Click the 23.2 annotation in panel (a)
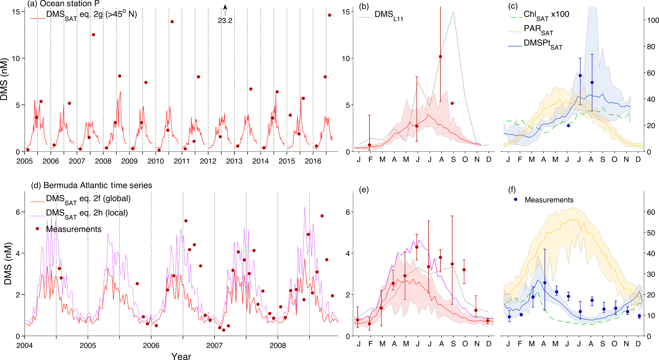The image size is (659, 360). pyautogui.click(x=225, y=21)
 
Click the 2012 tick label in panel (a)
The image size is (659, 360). pyautogui.click(x=208, y=161)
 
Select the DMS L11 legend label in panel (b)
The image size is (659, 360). pyautogui.click(x=389, y=15)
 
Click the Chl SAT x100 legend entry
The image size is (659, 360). pyautogui.click(x=546, y=15)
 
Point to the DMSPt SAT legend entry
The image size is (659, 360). pyautogui.click(x=543, y=44)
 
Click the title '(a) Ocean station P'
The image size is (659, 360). pyautogui.click(x=63, y=4)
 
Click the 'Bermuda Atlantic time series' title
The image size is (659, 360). pyautogui.click(x=98, y=185)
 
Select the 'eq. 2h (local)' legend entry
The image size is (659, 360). pyautogui.click(x=87, y=213)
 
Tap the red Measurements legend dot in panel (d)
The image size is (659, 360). pyautogui.click(x=38, y=229)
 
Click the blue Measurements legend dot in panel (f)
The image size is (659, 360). pyautogui.click(x=516, y=199)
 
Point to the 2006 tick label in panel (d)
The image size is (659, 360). pyautogui.click(x=151, y=346)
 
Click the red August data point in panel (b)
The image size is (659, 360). pyautogui.click(x=441, y=57)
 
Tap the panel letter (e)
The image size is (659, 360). pyautogui.click(x=363, y=190)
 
